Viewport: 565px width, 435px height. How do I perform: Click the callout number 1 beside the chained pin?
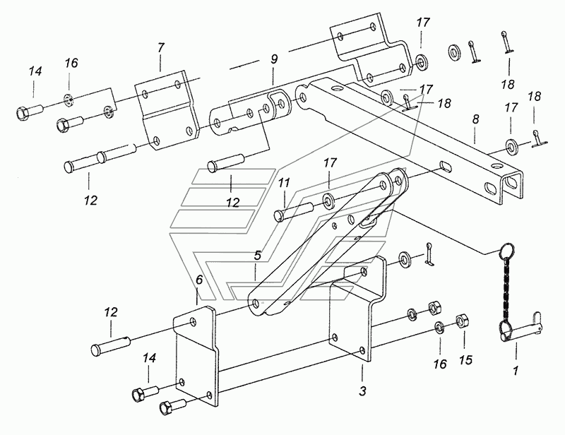pyautogui.click(x=516, y=370)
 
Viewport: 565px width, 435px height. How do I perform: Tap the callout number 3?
pyautogui.click(x=362, y=391)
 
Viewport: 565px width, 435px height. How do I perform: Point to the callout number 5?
pyautogui.click(x=257, y=256)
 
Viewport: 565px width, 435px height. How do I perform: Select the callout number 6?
pyautogui.click(x=199, y=280)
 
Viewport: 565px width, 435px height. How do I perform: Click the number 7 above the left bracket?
pyautogui.click(x=161, y=47)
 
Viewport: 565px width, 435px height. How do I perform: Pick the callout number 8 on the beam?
pyautogui.click(x=475, y=119)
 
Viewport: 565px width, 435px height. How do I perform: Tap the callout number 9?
pyautogui.click(x=274, y=59)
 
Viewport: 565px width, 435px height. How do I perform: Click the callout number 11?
pyautogui.click(x=284, y=183)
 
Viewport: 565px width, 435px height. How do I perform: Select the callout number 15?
pyautogui.click(x=465, y=359)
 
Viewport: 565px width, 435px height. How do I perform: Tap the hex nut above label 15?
pyautogui.click(x=462, y=320)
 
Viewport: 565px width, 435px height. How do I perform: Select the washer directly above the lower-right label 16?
pyautogui.click(x=439, y=327)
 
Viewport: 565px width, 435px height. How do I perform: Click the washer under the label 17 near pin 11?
pyautogui.click(x=328, y=201)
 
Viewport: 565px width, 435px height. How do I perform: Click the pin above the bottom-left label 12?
pyautogui.click(x=109, y=345)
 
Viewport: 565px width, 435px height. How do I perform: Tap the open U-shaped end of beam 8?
pyautogui.click(x=511, y=186)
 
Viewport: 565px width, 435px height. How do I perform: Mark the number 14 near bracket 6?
pyautogui.click(x=149, y=358)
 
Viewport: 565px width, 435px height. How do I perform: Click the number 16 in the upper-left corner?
pyautogui.click(x=71, y=63)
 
